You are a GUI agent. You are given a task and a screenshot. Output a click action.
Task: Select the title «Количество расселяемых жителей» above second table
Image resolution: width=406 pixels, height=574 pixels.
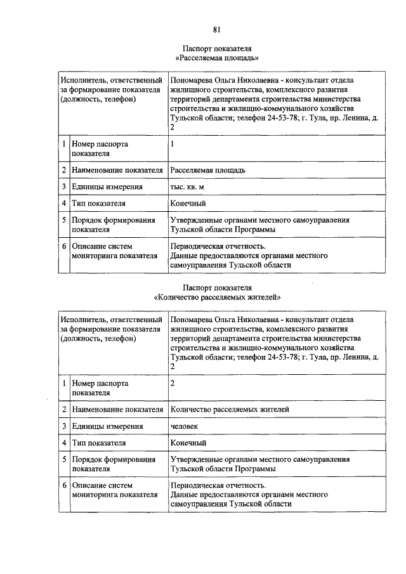click(217, 296)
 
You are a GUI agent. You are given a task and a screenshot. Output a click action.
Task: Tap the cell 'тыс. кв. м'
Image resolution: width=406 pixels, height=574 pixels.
click(187, 187)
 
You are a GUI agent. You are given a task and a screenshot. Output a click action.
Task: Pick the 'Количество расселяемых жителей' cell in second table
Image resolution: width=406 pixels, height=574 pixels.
click(230, 410)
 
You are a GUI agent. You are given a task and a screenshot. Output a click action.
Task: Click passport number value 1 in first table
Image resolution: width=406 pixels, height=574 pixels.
click(172, 144)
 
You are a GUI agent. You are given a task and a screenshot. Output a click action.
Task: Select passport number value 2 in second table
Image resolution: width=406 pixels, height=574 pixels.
click(173, 383)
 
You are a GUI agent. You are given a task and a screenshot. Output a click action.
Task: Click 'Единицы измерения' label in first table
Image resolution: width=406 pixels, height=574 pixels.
click(107, 187)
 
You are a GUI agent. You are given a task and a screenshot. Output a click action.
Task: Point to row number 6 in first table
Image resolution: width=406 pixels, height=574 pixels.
click(64, 246)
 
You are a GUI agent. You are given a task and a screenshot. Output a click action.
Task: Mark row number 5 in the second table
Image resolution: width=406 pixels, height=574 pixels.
click(64, 459)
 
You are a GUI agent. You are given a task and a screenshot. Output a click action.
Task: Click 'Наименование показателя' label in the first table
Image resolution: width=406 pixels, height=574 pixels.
click(117, 170)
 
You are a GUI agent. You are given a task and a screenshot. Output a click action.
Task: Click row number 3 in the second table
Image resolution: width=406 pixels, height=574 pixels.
click(64, 426)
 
